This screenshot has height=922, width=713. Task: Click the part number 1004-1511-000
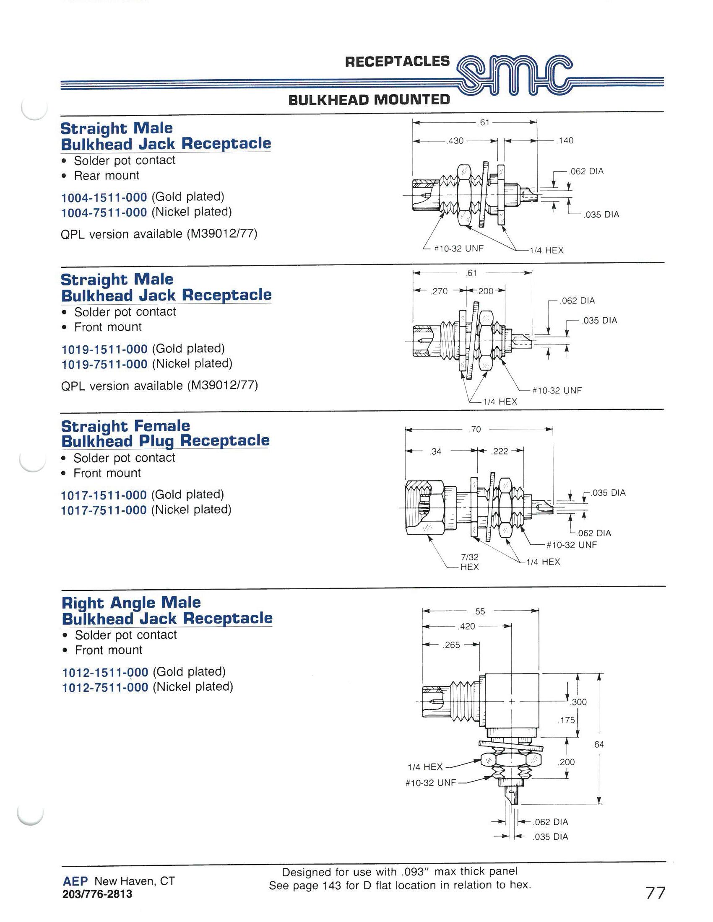coord(104,197)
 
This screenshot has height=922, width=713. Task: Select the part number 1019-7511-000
coord(105,364)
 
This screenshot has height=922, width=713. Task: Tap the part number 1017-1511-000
coord(104,495)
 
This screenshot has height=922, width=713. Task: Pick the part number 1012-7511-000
coord(105,687)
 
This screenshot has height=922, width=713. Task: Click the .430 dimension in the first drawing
coord(456,141)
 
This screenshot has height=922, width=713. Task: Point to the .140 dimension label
coord(565,140)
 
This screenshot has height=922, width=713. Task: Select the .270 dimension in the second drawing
coord(439,291)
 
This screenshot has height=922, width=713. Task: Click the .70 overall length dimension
coord(475,430)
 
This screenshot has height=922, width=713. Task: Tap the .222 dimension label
coord(500,451)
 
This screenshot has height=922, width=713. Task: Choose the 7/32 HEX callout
coord(470,562)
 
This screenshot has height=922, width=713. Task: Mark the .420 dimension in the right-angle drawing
coord(467,626)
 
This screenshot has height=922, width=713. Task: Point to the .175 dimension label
coord(567,720)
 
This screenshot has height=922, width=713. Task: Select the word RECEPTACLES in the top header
coord(398,62)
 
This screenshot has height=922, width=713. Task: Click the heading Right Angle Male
coord(131,602)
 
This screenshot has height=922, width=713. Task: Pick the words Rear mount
coord(107,176)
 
